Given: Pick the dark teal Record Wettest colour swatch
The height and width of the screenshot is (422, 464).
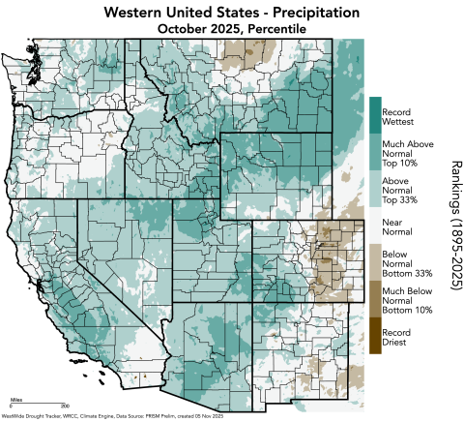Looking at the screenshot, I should [x=374, y=114].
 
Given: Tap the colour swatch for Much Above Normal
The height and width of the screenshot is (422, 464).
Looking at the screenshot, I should [x=374, y=153].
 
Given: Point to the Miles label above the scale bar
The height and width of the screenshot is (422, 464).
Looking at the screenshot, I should [x=16, y=398].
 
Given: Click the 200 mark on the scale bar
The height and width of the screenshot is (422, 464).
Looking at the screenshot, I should [x=65, y=406].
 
